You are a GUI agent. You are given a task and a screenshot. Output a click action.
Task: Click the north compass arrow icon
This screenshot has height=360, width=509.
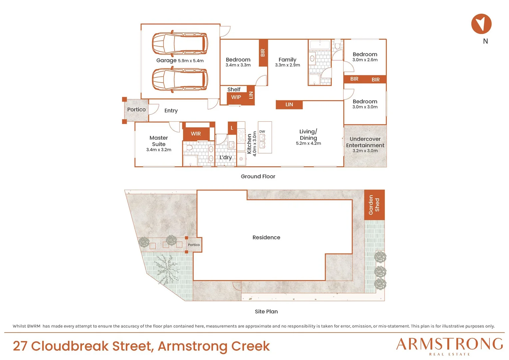tap(481, 24)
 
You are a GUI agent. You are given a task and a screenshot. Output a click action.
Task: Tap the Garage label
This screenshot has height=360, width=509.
tap(166, 60)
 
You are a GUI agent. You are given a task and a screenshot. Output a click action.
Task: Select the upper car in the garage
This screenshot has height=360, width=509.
tap(180, 43)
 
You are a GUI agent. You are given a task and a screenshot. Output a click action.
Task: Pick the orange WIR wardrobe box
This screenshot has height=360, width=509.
tap(196, 134)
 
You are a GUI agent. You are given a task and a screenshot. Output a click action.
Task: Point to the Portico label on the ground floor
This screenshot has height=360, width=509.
tap(136, 110)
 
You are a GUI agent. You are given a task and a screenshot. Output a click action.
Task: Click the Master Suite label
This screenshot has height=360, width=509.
tap(159, 141)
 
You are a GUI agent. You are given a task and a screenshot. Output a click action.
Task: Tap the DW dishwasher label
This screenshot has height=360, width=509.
tap(262, 131)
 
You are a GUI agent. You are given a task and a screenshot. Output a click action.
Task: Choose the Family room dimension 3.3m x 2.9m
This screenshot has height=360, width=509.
tap(287, 65)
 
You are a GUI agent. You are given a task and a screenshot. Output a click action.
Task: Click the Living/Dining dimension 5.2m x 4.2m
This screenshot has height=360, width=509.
tap(308, 143)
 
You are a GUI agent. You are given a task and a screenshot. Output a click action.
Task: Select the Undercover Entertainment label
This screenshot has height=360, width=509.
tap(365, 142)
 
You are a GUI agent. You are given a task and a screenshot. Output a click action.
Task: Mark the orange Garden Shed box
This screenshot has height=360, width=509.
tap(374, 205)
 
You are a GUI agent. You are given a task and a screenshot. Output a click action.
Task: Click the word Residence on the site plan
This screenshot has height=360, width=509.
tap(266, 237)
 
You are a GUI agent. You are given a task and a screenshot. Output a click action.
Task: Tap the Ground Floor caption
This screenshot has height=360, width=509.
tap(258, 176)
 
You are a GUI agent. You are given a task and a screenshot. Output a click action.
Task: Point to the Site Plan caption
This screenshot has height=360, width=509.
tap(266, 312)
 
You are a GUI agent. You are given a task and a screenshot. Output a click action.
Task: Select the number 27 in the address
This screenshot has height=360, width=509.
tap(20, 346)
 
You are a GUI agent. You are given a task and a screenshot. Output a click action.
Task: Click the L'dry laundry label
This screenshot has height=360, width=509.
tap(226, 158)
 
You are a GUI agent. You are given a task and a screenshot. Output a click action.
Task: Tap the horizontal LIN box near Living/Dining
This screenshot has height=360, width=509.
tap(289, 105)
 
